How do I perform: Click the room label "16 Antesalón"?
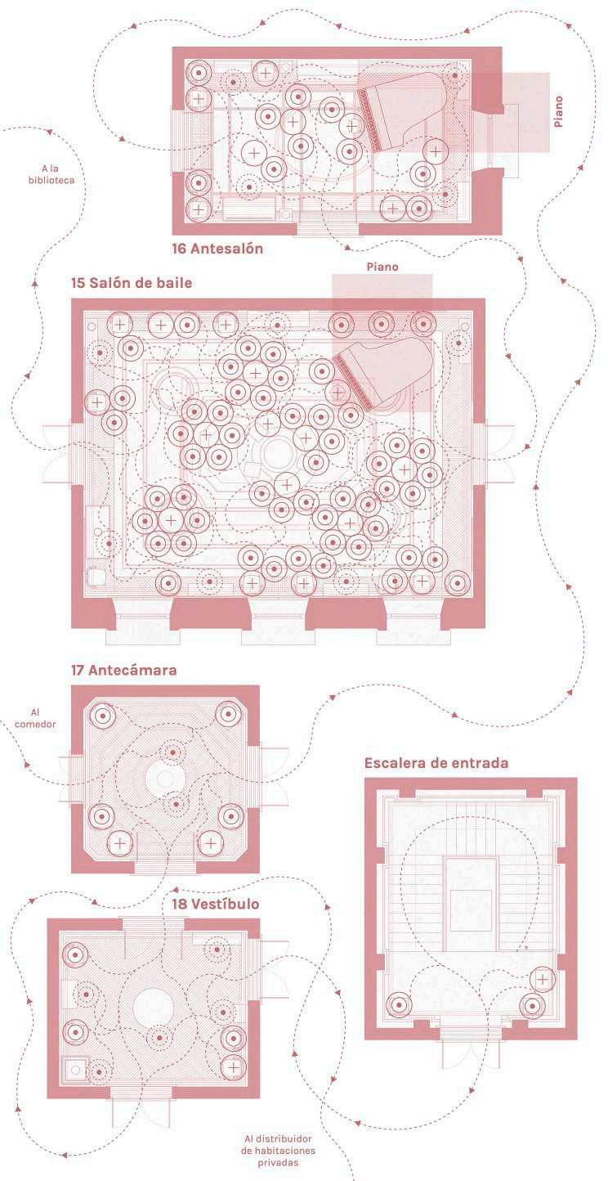217,249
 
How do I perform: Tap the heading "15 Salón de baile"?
132,283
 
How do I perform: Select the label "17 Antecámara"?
123,670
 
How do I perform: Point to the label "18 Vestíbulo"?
216,904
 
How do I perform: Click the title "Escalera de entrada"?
436,763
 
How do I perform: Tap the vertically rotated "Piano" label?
558,111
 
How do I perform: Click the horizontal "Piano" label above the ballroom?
382,267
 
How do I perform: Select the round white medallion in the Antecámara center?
167,778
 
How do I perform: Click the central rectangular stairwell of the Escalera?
471,903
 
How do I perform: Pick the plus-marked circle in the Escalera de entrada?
542,978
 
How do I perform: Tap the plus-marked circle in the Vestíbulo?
234,1067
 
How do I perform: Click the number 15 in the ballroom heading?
79,283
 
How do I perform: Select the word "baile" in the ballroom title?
173,283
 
